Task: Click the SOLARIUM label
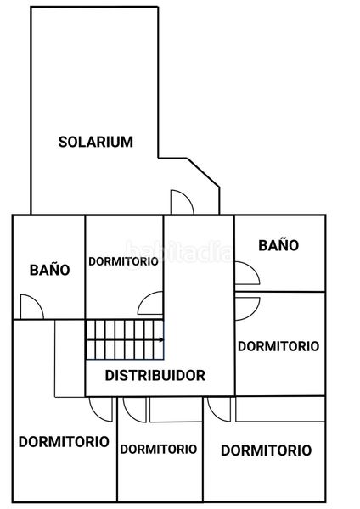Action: pos(96,142)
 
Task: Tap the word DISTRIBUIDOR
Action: pos(155,375)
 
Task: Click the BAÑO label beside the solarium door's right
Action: pos(278,245)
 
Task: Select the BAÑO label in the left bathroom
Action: pos(50,270)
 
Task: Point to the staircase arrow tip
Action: pos(163,340)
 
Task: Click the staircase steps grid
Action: pos(125,339)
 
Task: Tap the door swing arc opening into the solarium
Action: pos(188,198)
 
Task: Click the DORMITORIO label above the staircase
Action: pos(123,261)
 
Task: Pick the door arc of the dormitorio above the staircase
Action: pos(145,297)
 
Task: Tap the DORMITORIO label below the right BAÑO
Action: pos(278,346)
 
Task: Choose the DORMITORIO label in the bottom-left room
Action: pos(64,442)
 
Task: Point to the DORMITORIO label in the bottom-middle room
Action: pos(159,450)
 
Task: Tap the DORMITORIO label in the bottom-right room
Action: pos(266,450)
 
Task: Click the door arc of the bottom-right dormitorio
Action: pos(215,415)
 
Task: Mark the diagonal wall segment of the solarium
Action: pos(204,173)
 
